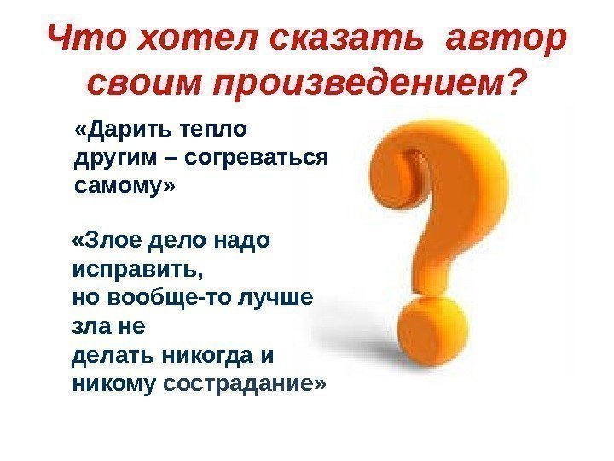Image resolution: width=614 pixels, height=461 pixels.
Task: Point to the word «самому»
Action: pos(120,185)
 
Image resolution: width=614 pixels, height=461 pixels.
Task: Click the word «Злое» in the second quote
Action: pos(107,242)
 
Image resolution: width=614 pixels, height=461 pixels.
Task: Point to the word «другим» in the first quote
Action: pos(108,160)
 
